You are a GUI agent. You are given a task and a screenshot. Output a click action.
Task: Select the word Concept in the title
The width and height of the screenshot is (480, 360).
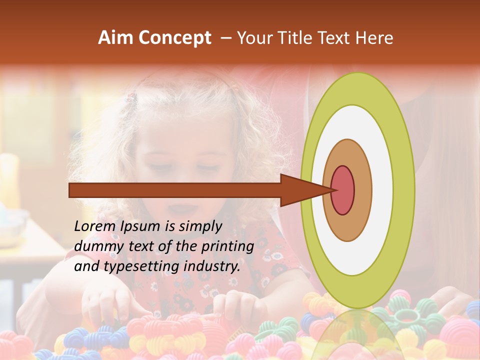pyautogui.click(x=174, y=38)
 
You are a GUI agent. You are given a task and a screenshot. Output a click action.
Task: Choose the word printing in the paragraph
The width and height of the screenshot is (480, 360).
pyautogui.click(x=227, y=246)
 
